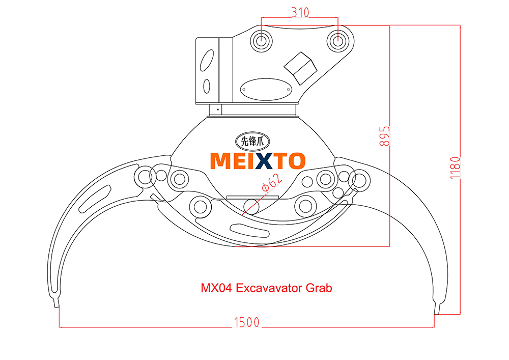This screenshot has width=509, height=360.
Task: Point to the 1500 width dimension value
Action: [x=246, y=322]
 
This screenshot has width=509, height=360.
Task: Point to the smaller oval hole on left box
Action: [x=207, y=86]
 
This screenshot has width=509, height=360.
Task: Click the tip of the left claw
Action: [x=55, y=304]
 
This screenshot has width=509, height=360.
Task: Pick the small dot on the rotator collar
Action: [x=218, y=109]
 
